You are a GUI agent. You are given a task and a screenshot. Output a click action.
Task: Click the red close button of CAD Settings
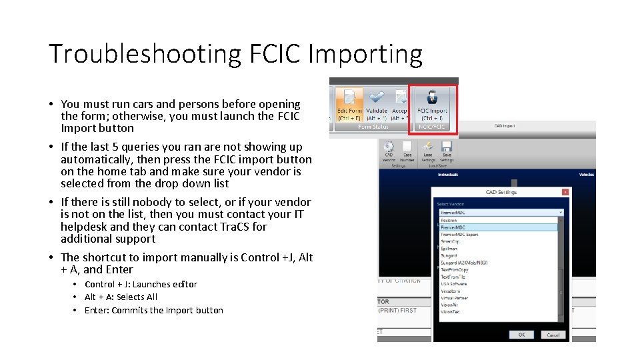(x=566, y=192)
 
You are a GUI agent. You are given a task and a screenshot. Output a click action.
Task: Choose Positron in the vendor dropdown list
(x=449, y=220)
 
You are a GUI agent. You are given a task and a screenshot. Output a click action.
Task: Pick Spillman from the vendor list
(x=450, y=248)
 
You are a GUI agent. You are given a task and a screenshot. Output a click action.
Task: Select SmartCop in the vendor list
(x=451, y=241)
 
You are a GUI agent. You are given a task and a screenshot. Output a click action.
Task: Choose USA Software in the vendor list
(x=454, y=283)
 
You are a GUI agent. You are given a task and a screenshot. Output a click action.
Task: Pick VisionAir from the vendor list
(x=451, y=305)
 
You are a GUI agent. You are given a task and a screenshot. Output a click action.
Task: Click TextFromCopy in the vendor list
(x=456, y=269)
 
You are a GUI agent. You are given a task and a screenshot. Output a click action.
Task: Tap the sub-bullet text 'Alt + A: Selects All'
(x=121, y=297)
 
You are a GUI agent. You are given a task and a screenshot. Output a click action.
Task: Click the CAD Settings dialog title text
(x=501, y=192)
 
